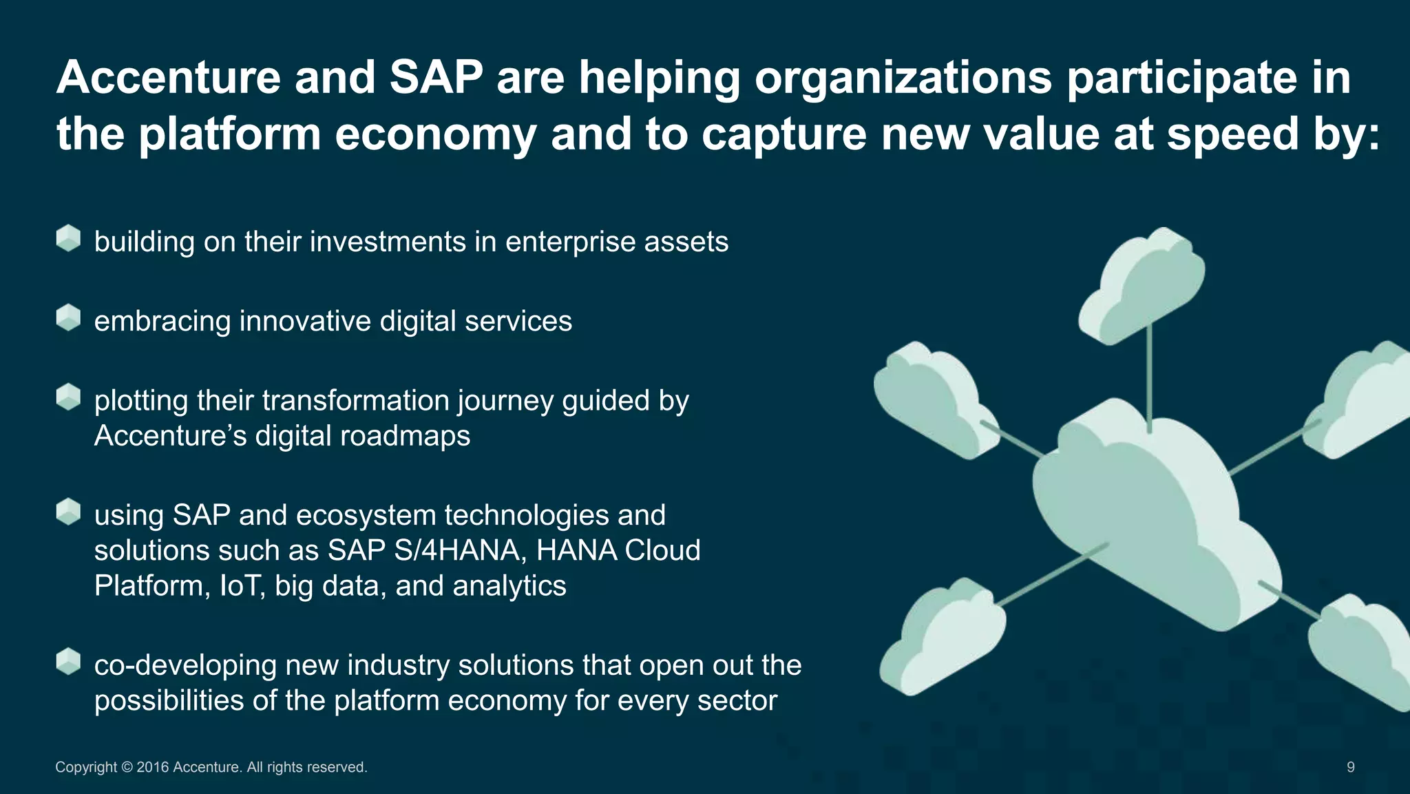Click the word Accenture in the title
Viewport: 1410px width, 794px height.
click(x=168, y=77)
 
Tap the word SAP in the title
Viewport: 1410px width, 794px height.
click(x=436, y=77)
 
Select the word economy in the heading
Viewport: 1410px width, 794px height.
click(x=435, y=134)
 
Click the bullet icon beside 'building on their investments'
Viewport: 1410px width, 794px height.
click(x=68, y=238)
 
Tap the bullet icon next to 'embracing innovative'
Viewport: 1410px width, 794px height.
click(x=68, y=317)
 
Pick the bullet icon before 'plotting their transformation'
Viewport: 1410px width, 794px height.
click(x=68, y=397)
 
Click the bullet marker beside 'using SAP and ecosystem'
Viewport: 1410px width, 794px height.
click(x=68, y=512)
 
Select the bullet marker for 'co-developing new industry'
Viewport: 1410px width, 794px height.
click(x=68, y=661)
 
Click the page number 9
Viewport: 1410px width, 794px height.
click(x=1350, y=767)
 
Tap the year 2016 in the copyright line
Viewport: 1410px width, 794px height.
click(x=152, y=767)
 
